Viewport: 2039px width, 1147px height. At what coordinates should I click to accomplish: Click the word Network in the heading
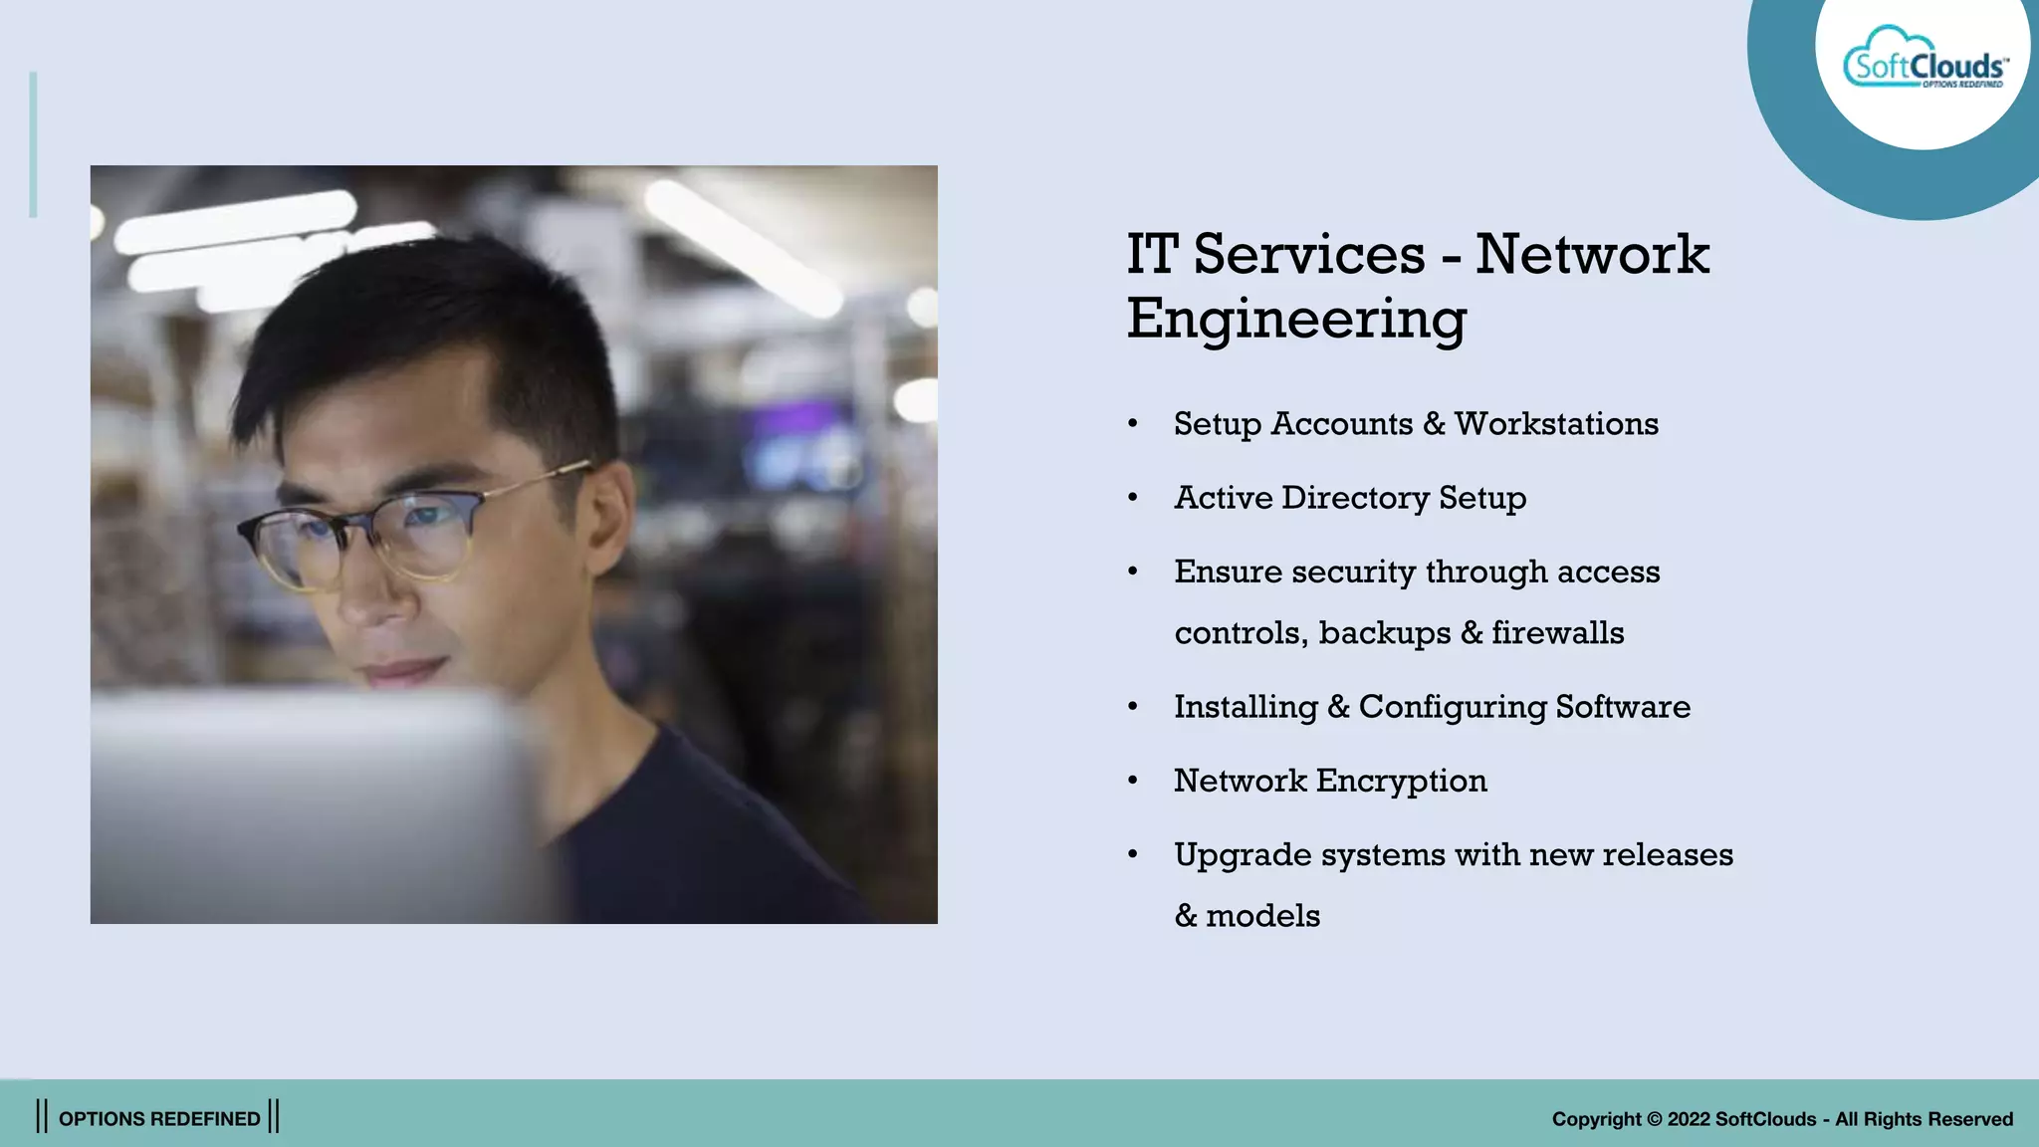click(1591, 255)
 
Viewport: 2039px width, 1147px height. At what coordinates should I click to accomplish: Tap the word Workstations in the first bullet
click(1556, 424)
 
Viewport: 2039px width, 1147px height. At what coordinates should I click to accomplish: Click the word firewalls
click(1557, 633)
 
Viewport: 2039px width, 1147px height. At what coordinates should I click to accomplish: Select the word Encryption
click(1401, 782)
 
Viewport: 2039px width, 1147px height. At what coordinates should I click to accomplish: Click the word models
click(1262, 916)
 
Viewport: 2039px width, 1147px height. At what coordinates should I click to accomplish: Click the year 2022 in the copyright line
click(1689, 1119)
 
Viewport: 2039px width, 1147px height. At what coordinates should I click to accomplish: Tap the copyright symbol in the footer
click(1654, 1119)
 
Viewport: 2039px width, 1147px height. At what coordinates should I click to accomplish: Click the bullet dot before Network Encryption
click(1133, 781)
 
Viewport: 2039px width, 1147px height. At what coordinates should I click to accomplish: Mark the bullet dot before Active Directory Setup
click(1133, 498)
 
